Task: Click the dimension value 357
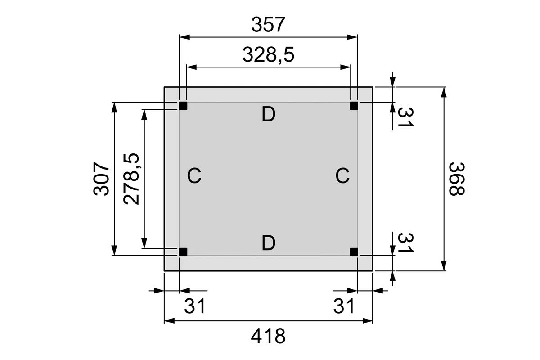tap(268, 25)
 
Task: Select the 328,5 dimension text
tap(268, 55)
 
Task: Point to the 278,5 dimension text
tap(132, 179)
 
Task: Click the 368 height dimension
tap(456, 179)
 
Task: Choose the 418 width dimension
tap(268, 336)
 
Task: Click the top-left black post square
tap(183, 106)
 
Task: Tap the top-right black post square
tap(354, 106)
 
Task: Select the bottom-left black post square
tap(183, 252)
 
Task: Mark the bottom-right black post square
tap(354, 252)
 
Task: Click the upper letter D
tap(268, 115)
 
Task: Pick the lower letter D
tap(268, 243)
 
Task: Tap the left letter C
tap(194, 176)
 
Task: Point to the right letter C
tap(342, 176)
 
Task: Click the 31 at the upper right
tap(405, 117)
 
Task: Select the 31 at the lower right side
tap(405, 243)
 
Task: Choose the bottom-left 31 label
tap(195, 307)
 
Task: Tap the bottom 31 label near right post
tap(344, 307)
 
